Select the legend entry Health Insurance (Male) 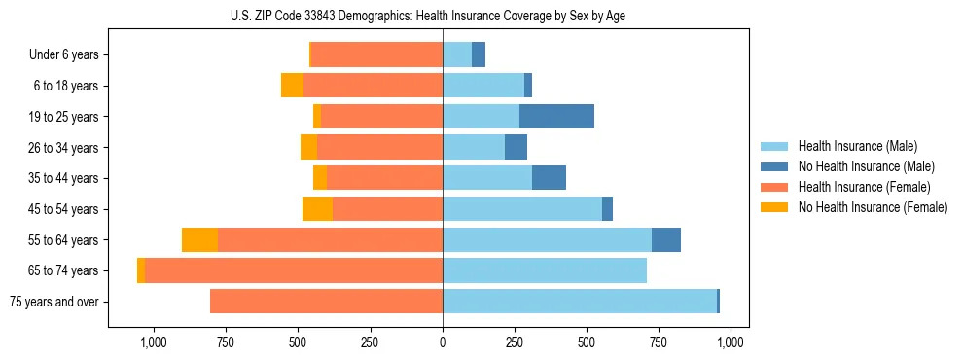(856, 146)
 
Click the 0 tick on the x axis (443, 342)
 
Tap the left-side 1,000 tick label (154, 342)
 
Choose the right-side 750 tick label (659, 342)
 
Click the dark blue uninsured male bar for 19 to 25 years (556, 117)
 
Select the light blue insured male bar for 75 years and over (579, 302)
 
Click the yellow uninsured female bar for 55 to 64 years (199, 240)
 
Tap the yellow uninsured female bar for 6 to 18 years (292, 86)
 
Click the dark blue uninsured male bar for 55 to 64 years (666, 240)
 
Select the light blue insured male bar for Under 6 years (457, 55)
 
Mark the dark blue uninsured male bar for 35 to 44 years (549, 178)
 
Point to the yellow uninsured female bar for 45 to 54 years (317, 209)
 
